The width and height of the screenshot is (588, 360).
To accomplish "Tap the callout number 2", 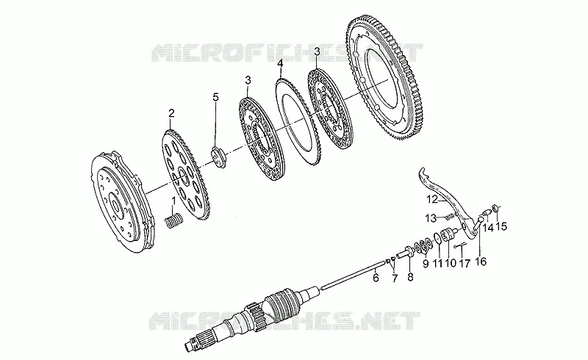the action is (x=171, y=113).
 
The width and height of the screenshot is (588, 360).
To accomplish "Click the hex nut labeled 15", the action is (x=494, y=207).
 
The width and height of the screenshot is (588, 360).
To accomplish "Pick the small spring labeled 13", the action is (x=450, y=217).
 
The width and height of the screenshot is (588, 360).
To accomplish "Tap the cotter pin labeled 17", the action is (x=460, y=246).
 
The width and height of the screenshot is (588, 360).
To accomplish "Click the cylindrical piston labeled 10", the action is (x=446, y=236).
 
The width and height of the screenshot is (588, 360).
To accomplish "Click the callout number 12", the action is (x=432, y=200).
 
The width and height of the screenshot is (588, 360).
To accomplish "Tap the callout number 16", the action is (x=481, y=262).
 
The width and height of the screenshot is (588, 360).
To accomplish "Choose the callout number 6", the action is (x=376, y=277).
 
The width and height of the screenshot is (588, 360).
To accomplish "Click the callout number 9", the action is (x=426, y=264).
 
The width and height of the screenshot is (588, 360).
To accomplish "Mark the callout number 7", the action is (x=395, y=278).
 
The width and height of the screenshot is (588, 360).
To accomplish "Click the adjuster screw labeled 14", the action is (x=485, y=212).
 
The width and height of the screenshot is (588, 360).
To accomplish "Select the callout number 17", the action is (x=465, y=263).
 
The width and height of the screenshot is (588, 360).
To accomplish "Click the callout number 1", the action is (x=173, y=201).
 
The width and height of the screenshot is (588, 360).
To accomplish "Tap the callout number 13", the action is (x=431, y=217).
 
